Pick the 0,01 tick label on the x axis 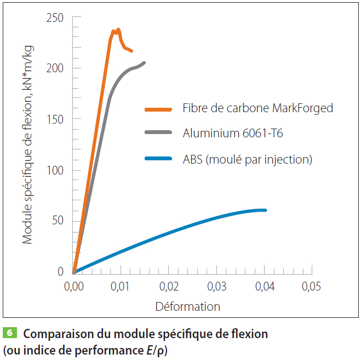point(121,286)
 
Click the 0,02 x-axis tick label point(169,286)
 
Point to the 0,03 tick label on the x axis point(216,286)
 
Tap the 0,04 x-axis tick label point(264,286)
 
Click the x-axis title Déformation point(188,306)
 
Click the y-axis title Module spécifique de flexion point(28,145)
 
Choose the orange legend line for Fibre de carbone point(159,108)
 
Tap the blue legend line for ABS point(159,159)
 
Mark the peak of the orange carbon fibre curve point(118,30)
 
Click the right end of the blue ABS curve point(265,210)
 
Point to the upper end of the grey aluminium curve point(144,62)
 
